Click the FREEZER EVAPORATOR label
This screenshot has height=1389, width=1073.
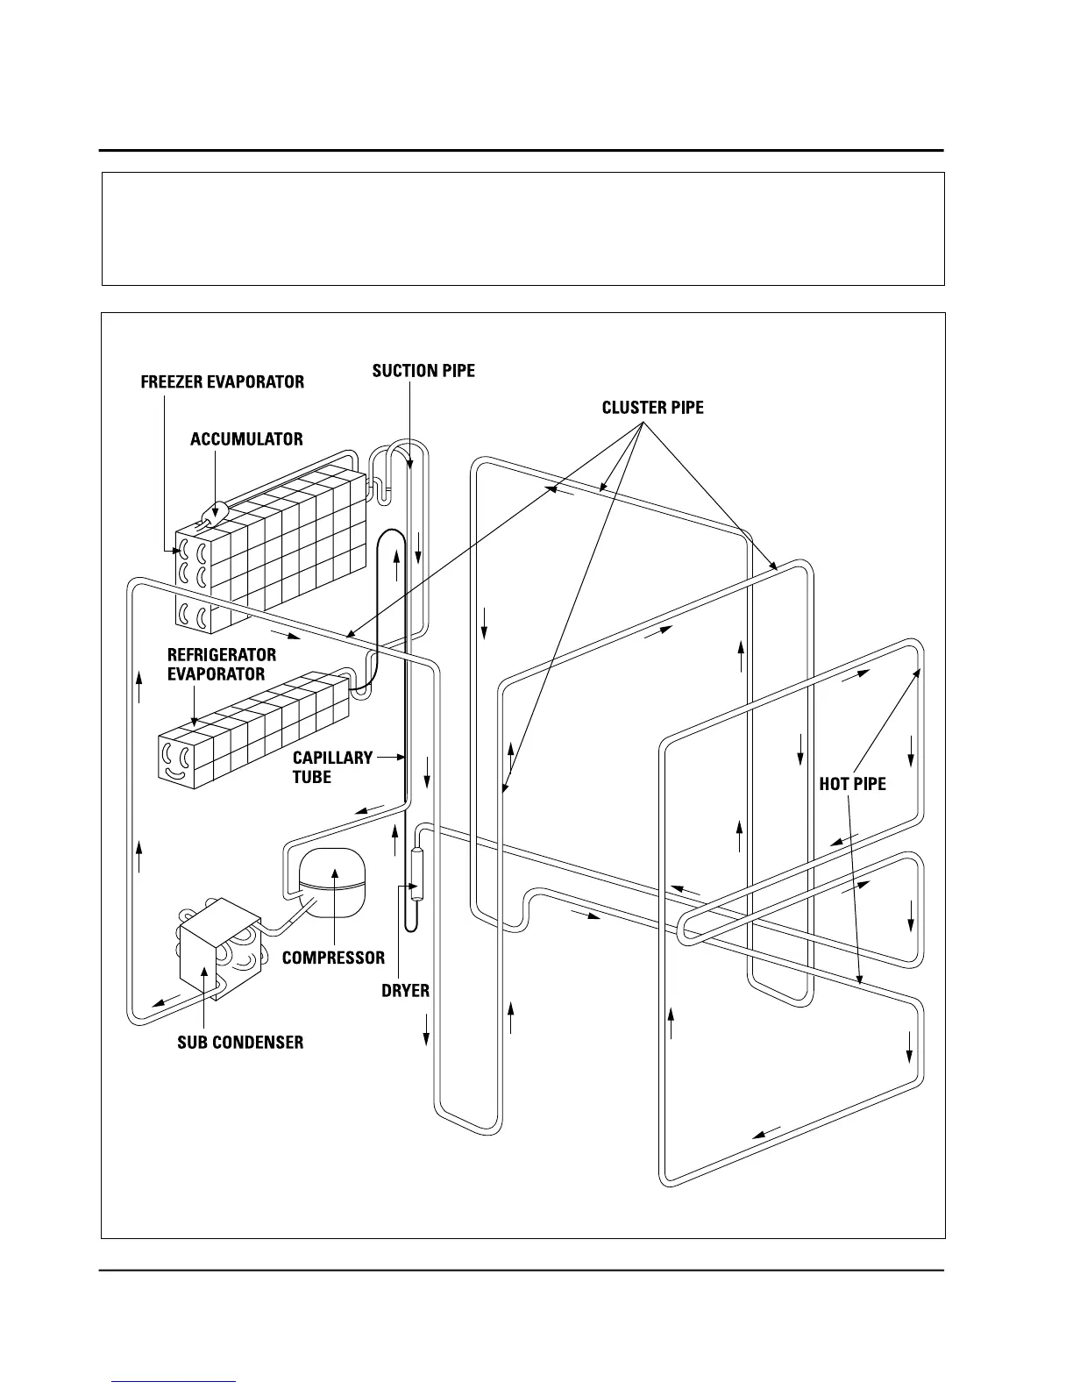tap(223, 382)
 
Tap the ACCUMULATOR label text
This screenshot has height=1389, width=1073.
tap(246, 439)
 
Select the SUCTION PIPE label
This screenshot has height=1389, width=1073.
tap(423, 371)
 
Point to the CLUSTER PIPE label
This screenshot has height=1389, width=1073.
tap(652, 408)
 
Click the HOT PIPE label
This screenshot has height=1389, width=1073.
tap(852, 784)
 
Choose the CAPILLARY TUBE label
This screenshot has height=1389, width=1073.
tap(332, 767)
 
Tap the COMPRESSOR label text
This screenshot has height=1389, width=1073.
tap(333, 958)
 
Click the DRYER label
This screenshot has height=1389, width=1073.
tap(405, 991)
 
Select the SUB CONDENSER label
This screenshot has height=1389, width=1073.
tap(240, 1043)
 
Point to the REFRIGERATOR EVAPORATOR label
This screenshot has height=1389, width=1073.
tap(221, 665)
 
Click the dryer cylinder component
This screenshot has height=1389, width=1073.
tap(416, 872)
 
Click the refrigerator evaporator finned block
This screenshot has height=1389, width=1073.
tap(254, 732)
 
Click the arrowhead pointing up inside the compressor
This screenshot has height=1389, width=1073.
tap(333, 872)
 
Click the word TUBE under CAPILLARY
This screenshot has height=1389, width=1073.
tap(312, 778)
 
